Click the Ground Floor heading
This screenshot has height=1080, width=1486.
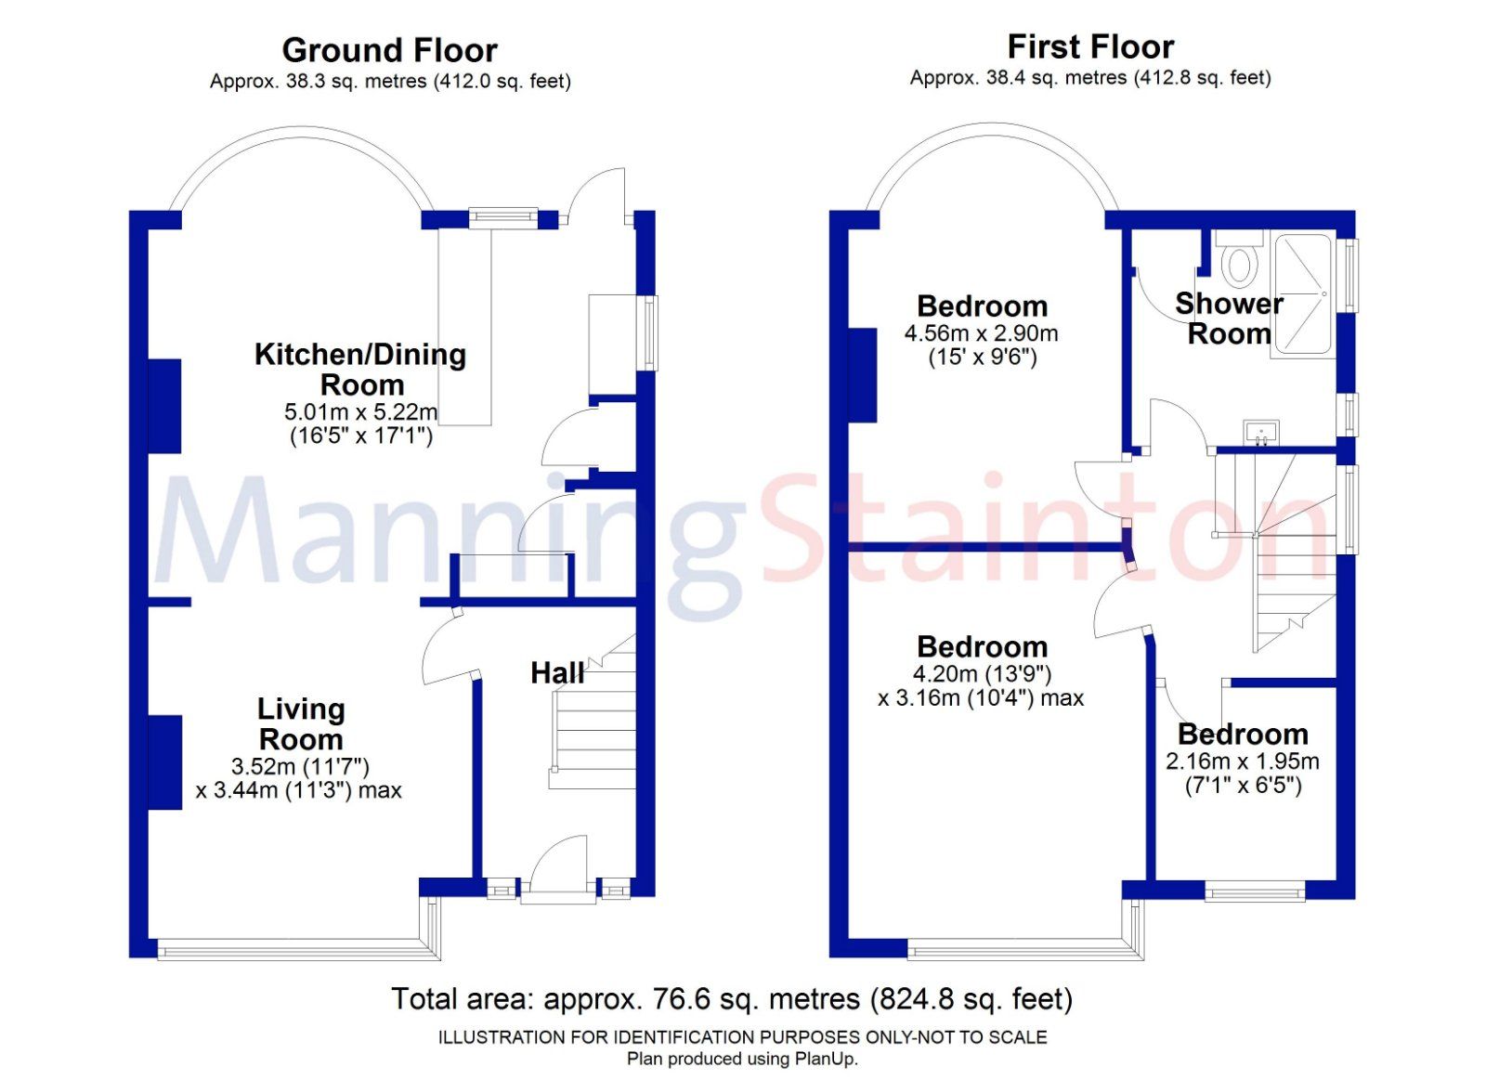click(x=389, y=50)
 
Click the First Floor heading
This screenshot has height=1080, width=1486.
click(x=1090, y=46)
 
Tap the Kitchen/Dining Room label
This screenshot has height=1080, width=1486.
click(x=360, y=369)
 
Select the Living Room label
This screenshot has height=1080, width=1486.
click(x=301, y=724)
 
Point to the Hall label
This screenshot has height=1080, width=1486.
click(x=557, y=673)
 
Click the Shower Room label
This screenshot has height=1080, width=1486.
click(x=1228, y=318)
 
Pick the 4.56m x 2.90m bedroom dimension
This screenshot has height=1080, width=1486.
click(x=981, y=333)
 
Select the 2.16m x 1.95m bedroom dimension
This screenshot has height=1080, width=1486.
click(x=1242, y=761)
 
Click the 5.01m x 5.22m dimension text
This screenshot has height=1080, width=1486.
click(x=360, y=411)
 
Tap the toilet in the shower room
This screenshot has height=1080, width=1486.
click(x=1239, y=260)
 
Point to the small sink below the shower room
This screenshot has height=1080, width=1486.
click(x=1260, y=432)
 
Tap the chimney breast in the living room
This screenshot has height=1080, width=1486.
click(x=164, y=761)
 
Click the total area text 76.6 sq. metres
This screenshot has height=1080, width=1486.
click(x=731, y=999)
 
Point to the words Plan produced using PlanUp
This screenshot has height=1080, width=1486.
click(x=742, y=1059)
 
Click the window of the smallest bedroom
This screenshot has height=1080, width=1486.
click(x=1255, y=892)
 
